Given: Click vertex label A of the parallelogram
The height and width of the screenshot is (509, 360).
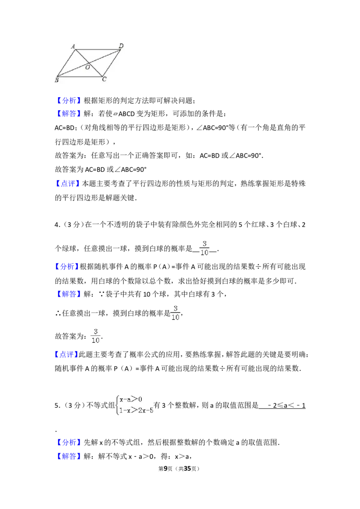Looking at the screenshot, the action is pos(73,46).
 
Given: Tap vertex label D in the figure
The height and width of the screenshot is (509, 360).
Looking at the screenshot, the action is pos(121,46).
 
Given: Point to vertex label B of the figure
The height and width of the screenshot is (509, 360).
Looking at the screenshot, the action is pos(57,80).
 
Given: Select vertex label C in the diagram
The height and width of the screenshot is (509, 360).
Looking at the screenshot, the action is pos(104,79).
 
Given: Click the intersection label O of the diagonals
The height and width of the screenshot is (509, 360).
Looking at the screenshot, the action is pos(87,67).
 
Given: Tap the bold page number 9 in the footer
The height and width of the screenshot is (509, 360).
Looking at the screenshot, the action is pos(166,469).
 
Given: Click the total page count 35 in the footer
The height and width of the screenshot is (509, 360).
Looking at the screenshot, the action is pos(188,469).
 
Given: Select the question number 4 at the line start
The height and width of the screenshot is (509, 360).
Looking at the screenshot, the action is pos(57,225).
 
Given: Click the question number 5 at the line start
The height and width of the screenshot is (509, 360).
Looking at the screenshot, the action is pos(57,406).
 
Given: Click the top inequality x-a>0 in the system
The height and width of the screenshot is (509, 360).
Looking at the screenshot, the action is pos(131,399).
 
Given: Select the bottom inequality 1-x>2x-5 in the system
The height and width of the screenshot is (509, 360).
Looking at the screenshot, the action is pos(136,411).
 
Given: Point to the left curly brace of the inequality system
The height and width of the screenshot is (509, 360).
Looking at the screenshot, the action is pos(117,405).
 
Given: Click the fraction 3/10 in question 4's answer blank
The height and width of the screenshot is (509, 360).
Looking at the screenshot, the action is pos(204,248).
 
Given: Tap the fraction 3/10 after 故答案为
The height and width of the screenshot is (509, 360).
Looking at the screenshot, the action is pos(95,336).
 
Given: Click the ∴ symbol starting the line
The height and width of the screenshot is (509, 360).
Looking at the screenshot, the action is pos(58,313).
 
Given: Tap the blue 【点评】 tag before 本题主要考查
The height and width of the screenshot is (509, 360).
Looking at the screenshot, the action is pos(67,183).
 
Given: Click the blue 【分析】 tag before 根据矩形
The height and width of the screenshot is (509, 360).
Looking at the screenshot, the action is pos(68,100).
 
